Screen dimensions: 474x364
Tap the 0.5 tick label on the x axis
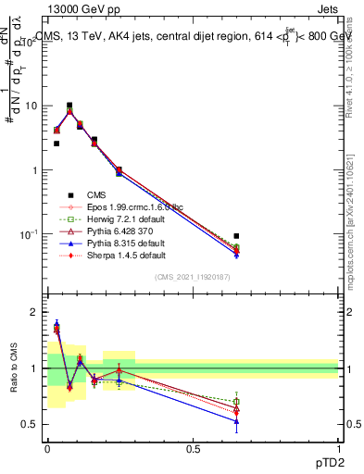pos(193,449)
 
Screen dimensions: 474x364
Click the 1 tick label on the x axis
pos(338,449)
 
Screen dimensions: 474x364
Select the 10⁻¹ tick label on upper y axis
pos(28,235)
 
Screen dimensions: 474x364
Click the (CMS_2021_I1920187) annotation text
pos(192,277)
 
